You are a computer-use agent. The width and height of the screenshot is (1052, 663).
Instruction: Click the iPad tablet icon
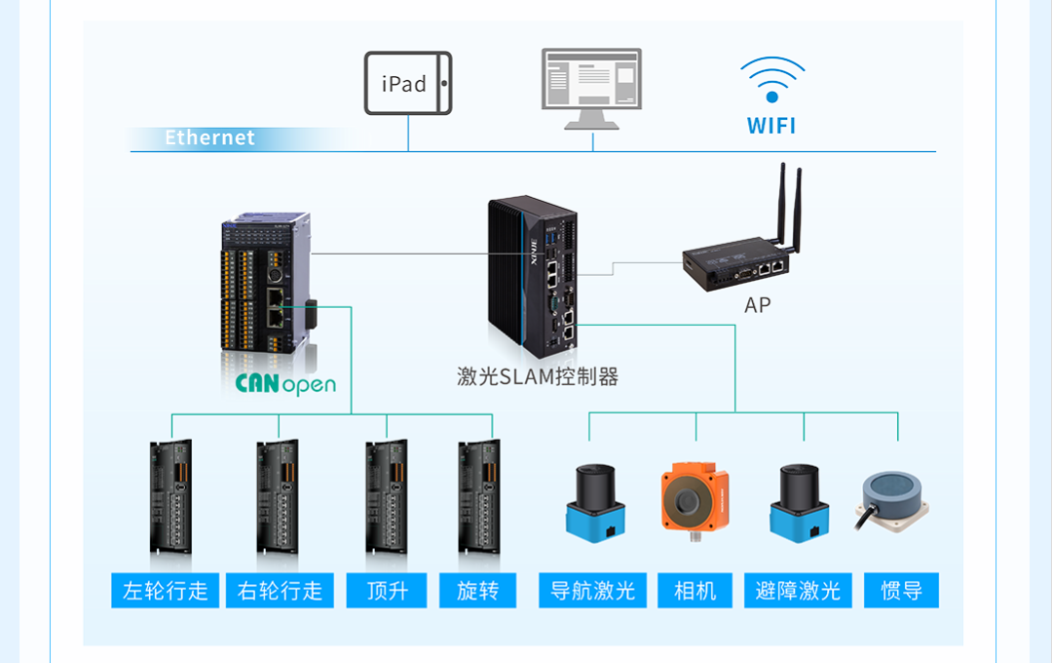(x=408, y=84)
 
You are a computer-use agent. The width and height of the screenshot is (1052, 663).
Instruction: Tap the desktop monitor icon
(x=591, y=88)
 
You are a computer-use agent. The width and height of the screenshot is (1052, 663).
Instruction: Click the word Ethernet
(x=209, y=137)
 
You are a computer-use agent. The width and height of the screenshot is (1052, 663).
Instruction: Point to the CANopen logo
(x=285, y=383)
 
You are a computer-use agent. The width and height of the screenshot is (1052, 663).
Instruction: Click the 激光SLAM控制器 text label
(x=538, y=376)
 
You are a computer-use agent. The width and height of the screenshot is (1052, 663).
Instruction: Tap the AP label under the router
(x=757, y=305)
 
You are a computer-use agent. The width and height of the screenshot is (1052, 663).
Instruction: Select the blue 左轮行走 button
(x=166, y=591)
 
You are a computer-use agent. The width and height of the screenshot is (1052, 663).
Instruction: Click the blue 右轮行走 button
(x=281, y=591)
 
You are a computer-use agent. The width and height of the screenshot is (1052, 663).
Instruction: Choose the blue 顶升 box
(x=387, y=591)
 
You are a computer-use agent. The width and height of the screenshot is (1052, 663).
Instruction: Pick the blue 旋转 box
(x=477, y=591)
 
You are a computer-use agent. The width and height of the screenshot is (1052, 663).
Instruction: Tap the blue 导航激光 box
(x=592, y=591)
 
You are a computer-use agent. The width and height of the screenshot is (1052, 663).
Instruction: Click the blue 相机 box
(x=695, y=591)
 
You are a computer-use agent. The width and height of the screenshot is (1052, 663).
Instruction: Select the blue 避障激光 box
(x=798, y=591)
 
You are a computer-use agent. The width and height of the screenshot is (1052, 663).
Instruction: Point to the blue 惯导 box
(x=901, y=591)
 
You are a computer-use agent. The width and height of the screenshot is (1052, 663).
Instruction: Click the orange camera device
(x=695, y=500)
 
